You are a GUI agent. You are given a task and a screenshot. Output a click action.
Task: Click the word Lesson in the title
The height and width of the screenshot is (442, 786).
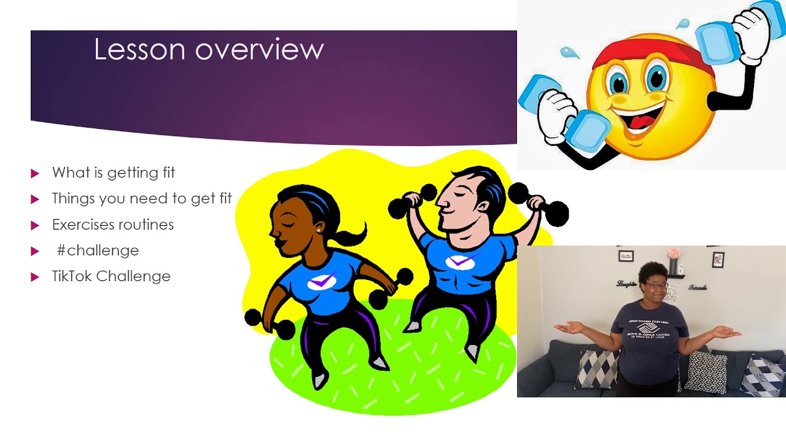pyautogui.click(x=139, y=49)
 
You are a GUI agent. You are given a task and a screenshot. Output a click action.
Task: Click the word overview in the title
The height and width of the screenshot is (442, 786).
pyautogui.click(x=259, y=50)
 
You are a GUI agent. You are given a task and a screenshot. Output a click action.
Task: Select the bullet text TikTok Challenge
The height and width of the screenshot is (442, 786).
pyautogui.click(x=111, y=276)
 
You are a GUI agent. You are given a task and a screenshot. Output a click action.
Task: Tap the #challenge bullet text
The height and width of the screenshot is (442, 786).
pyautogui.click(x=98, y=250)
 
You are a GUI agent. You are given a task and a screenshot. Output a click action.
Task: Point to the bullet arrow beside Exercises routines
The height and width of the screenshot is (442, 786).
pyautogui.click(x=35, y=225)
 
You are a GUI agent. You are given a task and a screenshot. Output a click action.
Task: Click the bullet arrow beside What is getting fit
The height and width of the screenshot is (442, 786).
pyautogui.click(x=35, y=174)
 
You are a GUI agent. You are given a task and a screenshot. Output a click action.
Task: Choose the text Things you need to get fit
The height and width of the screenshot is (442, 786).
pyautogui.click(x=142, y=199)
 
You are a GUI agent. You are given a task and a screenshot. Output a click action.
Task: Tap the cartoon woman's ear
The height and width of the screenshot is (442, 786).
pyautogui.click(x=318, y=228)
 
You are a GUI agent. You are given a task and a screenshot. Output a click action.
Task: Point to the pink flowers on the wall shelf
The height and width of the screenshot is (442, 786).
pyautogui.click(x=674, y=253)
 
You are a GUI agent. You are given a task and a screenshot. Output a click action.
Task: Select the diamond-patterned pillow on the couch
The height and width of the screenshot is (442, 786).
pyautogui.click(x=596, y=369)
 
